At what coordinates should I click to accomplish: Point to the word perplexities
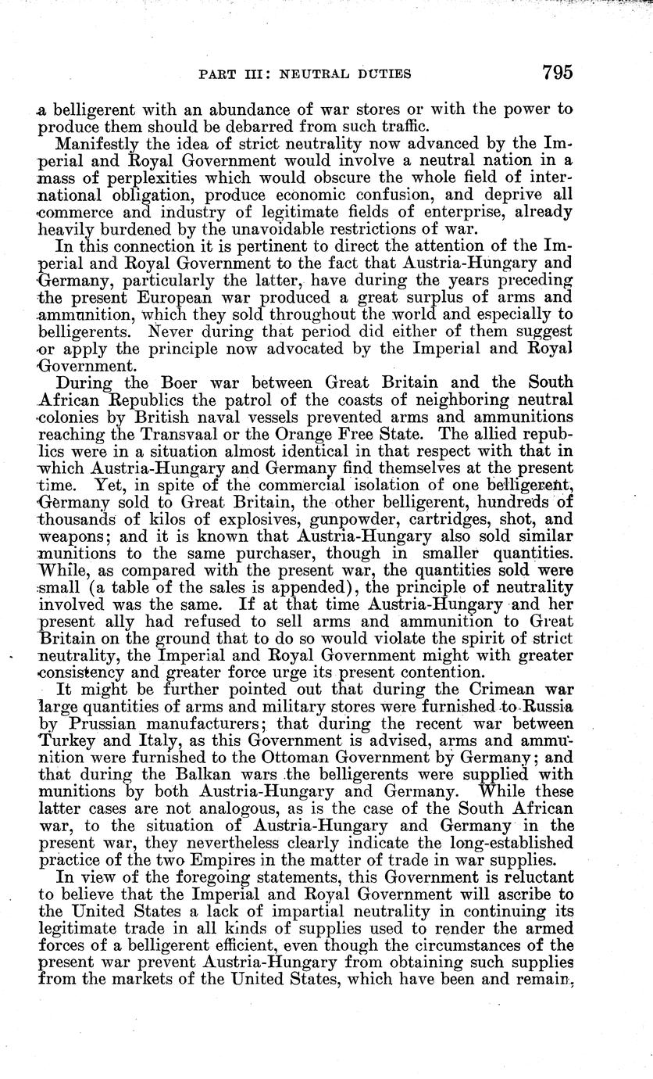[x=169, y=177]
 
